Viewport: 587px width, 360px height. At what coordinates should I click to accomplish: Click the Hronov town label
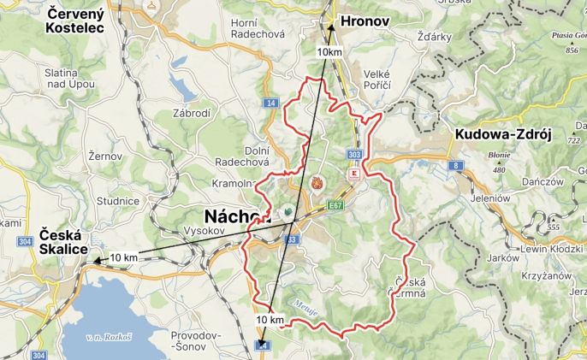click(365, 20)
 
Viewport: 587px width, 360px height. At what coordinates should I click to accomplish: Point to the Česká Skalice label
click(62, 241)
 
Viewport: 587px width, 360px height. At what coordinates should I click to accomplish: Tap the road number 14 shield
click(271, 103)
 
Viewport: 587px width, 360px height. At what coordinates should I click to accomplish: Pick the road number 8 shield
click(457, 164)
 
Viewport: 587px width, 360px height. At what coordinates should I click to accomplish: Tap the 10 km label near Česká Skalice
click(124, 257)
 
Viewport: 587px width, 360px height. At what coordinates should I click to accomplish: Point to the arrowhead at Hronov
click(330, 27)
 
